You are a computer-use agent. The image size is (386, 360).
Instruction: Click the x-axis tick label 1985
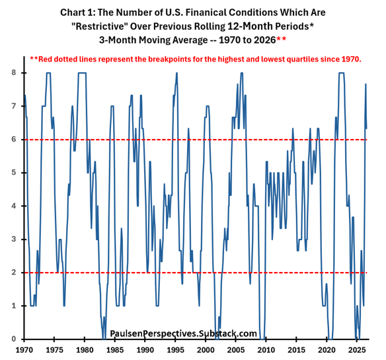pyautogui.click(x=115, y=350)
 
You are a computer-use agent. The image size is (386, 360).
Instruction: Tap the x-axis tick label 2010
pyautogui.click(x=266, y=350)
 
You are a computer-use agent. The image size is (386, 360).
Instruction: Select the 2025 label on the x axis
pyautogui.click(x=357, y=350)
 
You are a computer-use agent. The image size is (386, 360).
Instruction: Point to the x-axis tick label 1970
pyautogui.click(x=24, y=350)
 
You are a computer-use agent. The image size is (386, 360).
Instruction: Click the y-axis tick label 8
pyautogui.click(x=14, y=73)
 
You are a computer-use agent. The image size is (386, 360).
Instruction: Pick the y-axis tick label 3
pyautogui.click(x=14, y=240)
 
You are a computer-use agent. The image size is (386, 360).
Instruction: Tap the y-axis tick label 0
pyautogui.click(x=14, y=339)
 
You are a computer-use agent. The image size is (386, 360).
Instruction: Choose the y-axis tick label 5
pyautogui.click(x=14, y=173)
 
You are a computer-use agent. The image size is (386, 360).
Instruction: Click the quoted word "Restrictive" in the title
pyautogui.click(x=99, y=26)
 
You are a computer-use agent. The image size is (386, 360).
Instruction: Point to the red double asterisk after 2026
pyautogui.click(x=282, y=39)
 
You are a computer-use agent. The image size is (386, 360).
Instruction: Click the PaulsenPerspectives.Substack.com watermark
pyautogui.click(x=183, y=334)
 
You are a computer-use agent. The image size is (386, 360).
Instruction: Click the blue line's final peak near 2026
pyautogui.click(x=366, y=84)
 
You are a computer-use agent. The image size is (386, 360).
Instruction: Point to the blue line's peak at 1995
pyautogui.click(x=176, y=73)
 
